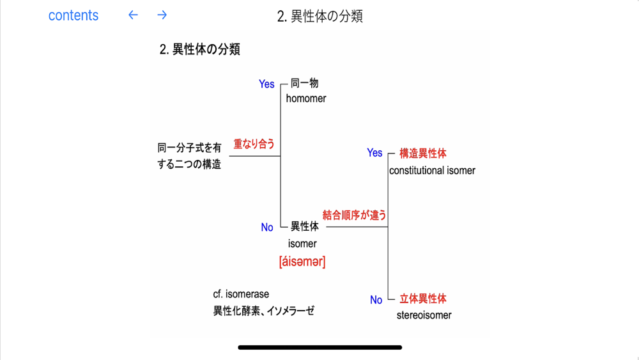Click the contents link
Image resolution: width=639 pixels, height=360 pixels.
(x=73, y=16)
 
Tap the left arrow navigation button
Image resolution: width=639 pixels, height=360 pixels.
(x=133, y=15)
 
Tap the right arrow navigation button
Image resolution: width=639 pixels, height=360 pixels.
(x=162, y=15)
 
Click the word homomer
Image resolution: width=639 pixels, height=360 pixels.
(x=306, y=98)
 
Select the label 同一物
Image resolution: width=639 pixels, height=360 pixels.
(x=305, y=83)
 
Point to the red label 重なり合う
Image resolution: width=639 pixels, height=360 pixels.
(x=254, y=144)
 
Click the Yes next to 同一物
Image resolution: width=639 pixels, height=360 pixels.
(x=266, y=84)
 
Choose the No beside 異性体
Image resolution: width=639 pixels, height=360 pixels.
(x=267, y=228)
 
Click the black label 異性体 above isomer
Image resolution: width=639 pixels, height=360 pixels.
(x=305, y=226)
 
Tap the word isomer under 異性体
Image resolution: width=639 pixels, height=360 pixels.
(x=302, y=244)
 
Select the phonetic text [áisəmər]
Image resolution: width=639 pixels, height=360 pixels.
(x=302, y=262)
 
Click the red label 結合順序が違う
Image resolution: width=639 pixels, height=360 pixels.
(x=355, y=215)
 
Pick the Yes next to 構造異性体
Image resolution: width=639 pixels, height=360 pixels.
(x=374, y=153)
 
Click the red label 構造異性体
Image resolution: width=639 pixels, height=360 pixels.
(x=423, y=153)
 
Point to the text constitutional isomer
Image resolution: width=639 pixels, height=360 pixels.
(x=432, y=171)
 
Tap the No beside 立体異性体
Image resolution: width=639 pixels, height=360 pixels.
(x=376, y=300)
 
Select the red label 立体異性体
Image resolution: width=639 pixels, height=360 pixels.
(x=423, y=299)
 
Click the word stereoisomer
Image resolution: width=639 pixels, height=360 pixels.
(x=424, y=315)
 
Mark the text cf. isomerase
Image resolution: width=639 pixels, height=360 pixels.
(x=241, y=294)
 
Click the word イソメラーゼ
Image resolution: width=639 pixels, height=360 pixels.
(x=291, y=311)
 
